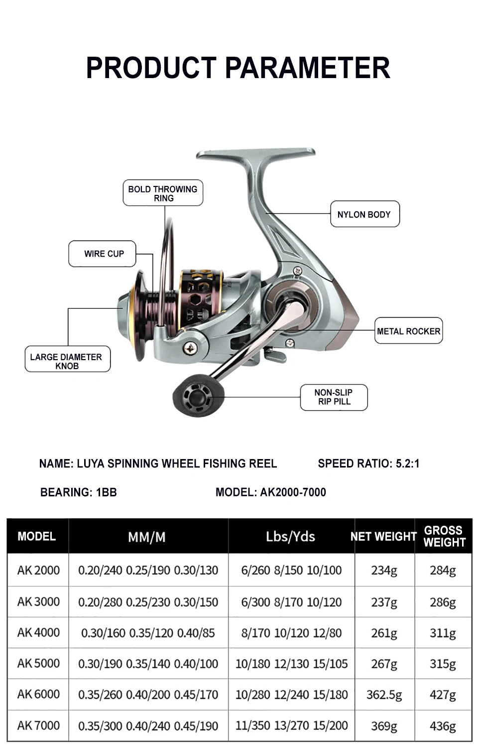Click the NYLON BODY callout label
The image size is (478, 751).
(365, 214)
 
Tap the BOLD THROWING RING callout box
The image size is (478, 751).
(163, 193)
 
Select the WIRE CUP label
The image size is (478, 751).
(102, 254)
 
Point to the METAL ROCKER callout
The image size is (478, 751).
(408, 331)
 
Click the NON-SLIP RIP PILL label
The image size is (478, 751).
(334, 397)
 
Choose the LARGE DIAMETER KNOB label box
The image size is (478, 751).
(68, 359)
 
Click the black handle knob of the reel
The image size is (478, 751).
(198, 395)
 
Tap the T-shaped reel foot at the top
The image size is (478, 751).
(256, 153)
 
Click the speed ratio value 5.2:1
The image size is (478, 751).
(407, 464)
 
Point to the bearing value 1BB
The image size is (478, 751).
(107, 492)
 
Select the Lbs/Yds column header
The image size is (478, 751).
(291, 537)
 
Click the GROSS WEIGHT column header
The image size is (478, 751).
(445, 537)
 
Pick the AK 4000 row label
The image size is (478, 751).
(39, 632)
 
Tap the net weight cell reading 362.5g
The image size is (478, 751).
(384, 695)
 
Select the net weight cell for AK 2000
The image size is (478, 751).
(384, 570)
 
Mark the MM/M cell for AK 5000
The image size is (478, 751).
(148, 663)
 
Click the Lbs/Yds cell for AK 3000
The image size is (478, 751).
(291, 602)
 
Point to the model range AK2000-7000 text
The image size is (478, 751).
(293, 492)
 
